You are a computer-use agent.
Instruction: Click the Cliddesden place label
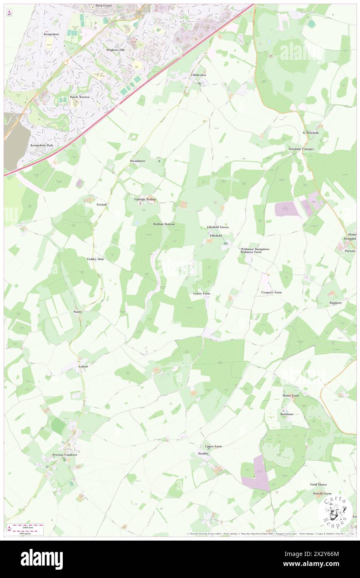[198, 75]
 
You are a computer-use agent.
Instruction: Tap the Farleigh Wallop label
[145, 199]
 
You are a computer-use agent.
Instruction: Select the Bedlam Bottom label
[164, 224]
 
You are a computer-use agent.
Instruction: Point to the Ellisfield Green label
[218, 227]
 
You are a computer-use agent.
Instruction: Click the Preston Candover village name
[65, 455]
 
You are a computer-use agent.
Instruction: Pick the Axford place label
[83, 367]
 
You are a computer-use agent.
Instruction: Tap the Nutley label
[78, 311]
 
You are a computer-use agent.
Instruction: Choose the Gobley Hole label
[95, 259]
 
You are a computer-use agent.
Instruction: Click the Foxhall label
[101, 205]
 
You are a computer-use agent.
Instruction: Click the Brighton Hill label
[115, 49]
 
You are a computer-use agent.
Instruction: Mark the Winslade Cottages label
[301, 149]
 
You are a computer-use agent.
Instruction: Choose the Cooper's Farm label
[271, 292]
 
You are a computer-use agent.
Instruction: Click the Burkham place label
[287, 415]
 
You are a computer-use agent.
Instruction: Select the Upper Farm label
[213, 446]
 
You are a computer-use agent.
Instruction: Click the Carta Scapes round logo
[335, 512]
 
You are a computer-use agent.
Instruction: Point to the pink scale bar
[26, 526]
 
